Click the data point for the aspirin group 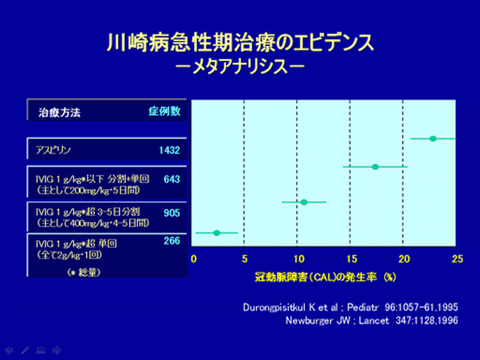click(x=433, y=139)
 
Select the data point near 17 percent click(x=375, y=167)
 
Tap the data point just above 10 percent click(x=304, y=202)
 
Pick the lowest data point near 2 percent click(x=217, y=233)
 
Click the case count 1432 click(x=169, y=150)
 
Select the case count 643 click(x=171, y=179)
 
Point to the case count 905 click(x=171, y=213)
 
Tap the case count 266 click(x=171, y=241)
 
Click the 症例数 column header click(x=165, y=111)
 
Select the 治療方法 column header click(x=60, y=112)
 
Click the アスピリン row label click(x=53, y=150)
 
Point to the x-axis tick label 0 click(x=193, y=259)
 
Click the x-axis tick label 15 click(x=352, y=259)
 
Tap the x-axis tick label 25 click(x=457, y=259)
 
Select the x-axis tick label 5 click(x=245, y=259)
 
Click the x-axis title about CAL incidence click(x=326, y=277)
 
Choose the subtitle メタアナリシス click(x=240, y=67)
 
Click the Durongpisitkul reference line click(x=350, y=307)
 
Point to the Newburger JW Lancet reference click(x=372, y=320)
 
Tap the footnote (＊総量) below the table click(x=84, y=272)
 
